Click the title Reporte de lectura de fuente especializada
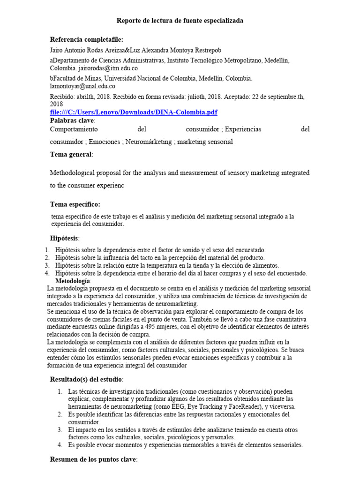180,21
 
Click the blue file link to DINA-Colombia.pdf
134,112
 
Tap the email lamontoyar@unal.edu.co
82,86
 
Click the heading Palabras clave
72,120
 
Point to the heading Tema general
71,154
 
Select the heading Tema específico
75,204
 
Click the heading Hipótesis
65,238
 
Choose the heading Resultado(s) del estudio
86,378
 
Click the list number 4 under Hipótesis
47,273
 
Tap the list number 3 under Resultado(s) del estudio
60,429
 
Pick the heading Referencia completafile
87,39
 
